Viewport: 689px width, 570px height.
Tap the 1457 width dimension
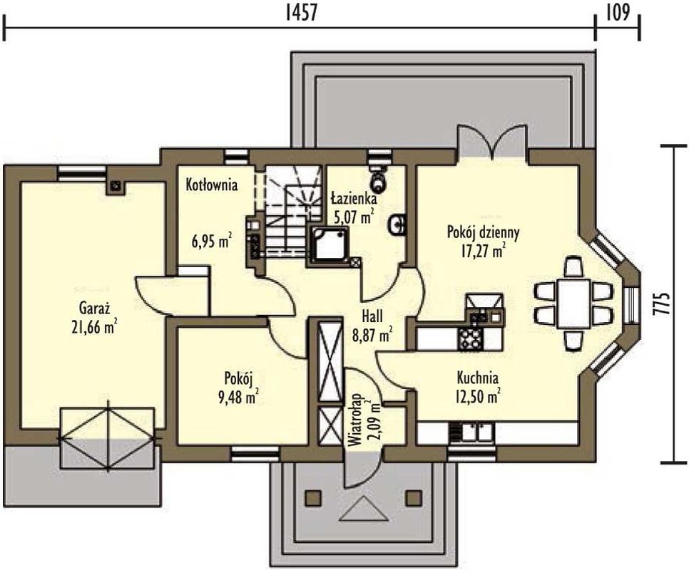tap(301, 12)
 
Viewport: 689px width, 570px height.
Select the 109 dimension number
tap(618, 12)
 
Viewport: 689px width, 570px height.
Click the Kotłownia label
tap(212, 185)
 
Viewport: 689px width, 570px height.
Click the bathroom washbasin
tap(397, 226)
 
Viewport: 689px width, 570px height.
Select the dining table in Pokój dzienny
tap(573, 304)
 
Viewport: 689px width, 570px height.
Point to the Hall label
tap(372, 316)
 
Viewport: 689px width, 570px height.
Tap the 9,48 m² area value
tap(238, 397)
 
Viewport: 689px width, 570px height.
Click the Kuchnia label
tap(478, 377)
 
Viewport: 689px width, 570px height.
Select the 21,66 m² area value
tap(93, 326)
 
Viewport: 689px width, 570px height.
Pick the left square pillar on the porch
tap(314, 497)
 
